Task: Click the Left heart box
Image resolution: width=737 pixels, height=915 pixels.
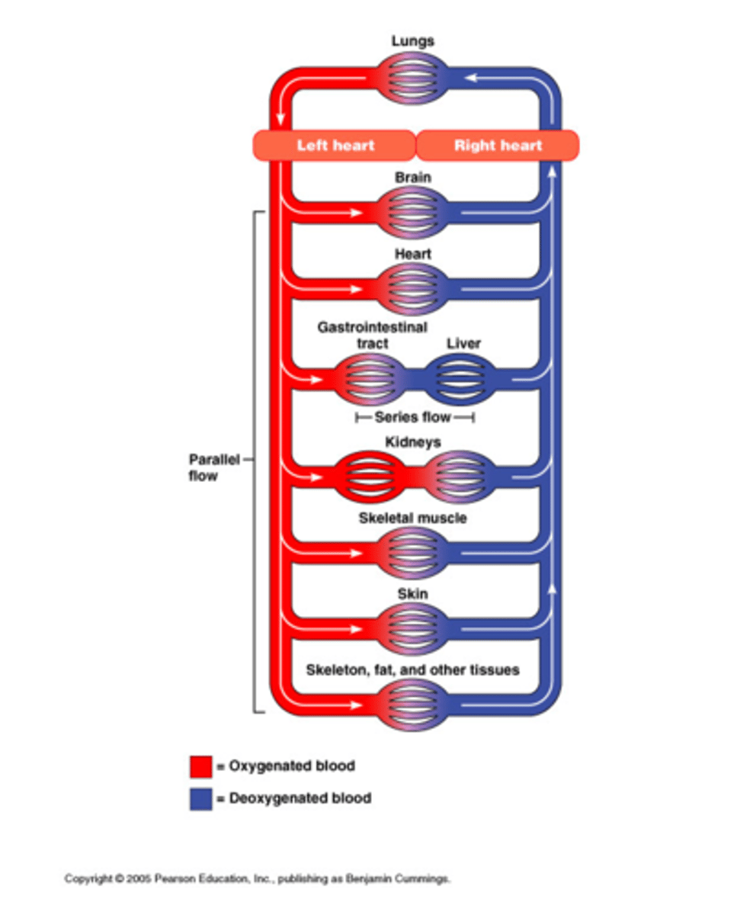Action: click(335, 145)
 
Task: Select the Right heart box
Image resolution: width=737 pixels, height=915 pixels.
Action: click(498, 145)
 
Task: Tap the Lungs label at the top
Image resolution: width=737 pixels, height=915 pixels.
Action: click(413, 40)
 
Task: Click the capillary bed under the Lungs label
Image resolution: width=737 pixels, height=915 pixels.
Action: click(413, 78)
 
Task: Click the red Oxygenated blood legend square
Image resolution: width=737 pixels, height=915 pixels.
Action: click(200, 766)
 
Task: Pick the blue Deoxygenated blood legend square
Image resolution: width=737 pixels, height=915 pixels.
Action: click(200, 799)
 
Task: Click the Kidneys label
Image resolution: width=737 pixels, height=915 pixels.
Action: click(413, 441)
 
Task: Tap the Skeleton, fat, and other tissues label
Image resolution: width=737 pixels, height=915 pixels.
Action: click(413, 670)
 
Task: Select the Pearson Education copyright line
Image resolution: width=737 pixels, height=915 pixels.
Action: click(258, 879)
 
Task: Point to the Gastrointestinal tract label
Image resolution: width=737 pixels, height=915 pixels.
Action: click(372, 335)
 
